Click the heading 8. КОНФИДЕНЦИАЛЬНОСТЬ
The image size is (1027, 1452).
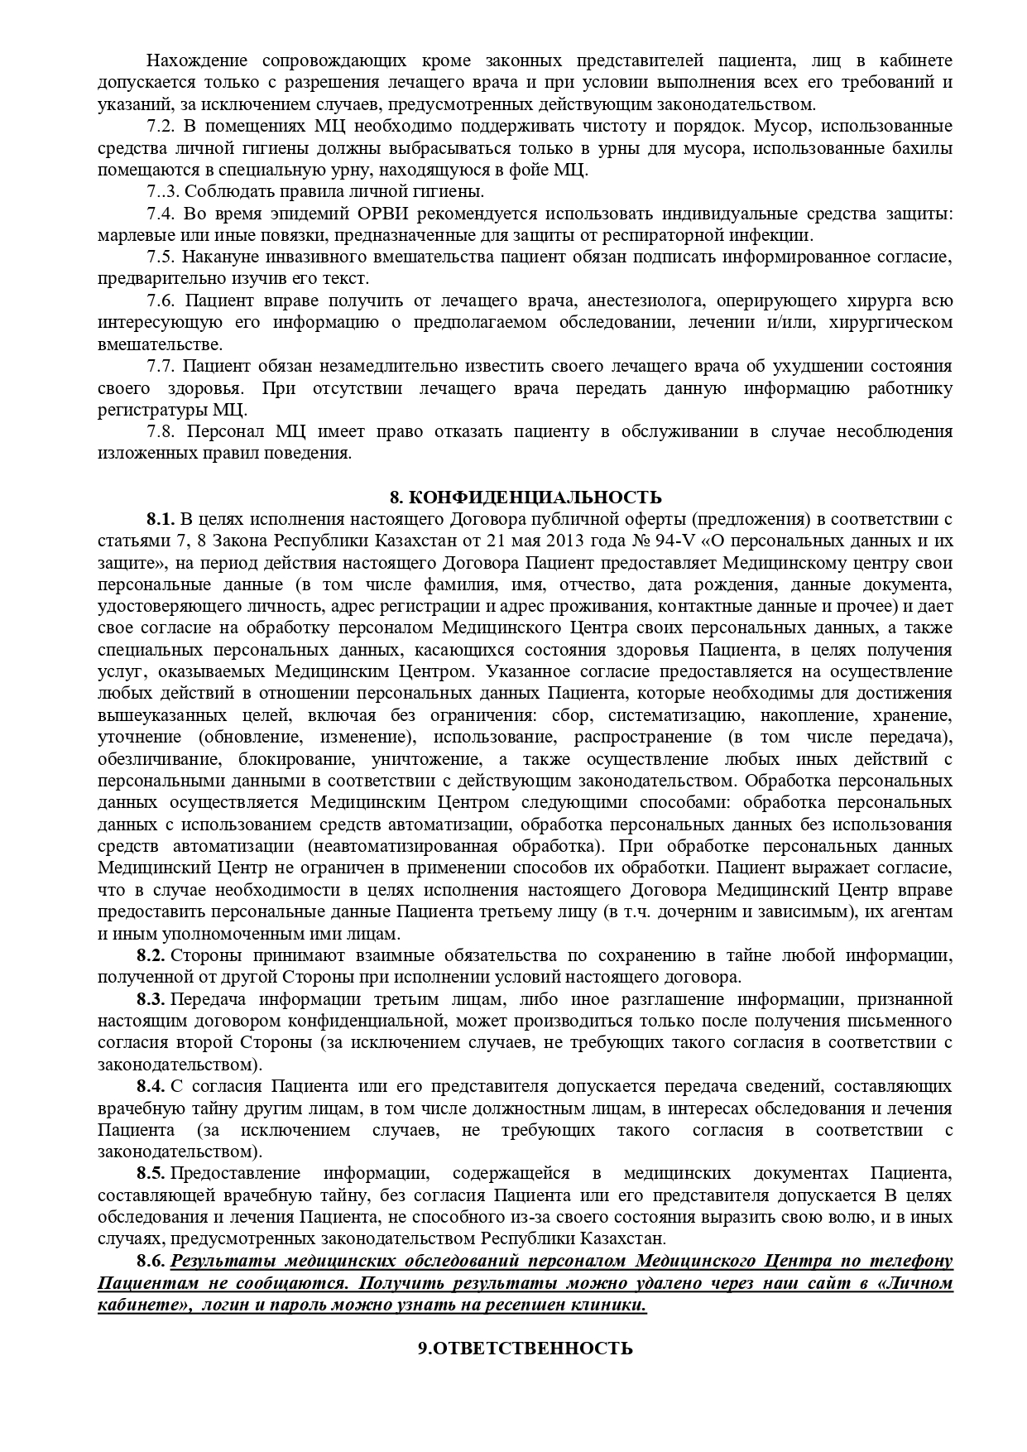click(525, 497)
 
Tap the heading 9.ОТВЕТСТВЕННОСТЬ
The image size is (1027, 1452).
click(525, 1371)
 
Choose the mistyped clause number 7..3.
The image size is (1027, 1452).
click(162, 192)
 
